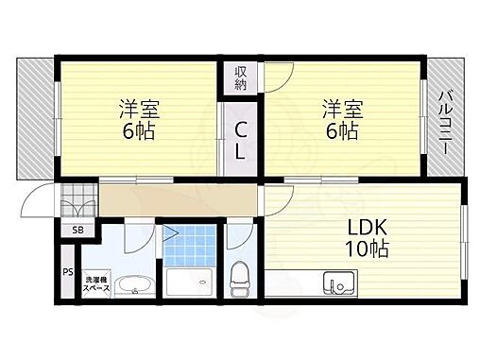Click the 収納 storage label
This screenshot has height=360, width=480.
(x=241, y=77)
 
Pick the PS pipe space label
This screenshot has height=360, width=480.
(x=67, y=273)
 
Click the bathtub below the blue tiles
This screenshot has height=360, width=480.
(x=189, y=282)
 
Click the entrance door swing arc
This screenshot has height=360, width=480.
(x=40, y=199)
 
